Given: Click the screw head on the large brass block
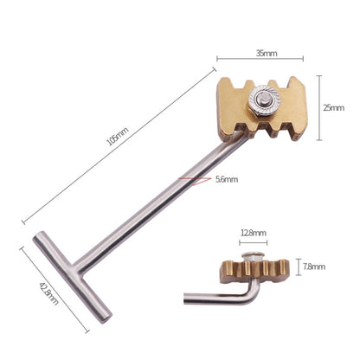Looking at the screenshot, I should click(260, 103).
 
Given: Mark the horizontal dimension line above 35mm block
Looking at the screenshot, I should click(260, 60).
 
